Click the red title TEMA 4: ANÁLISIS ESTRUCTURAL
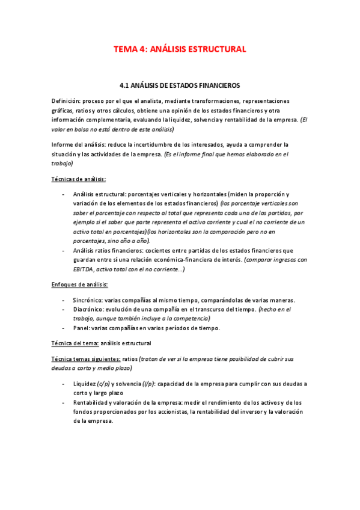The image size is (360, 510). coord(180,49)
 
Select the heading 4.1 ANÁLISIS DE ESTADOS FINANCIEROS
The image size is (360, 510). coord(180,86)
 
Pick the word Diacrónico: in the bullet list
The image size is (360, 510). coord(90,309)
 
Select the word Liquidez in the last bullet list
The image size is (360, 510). coord(85,384)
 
